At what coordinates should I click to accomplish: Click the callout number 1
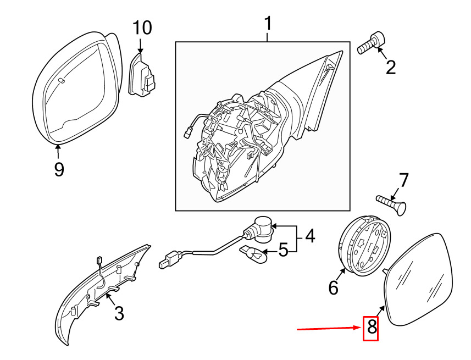pos(268,25)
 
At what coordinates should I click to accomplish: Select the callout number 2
pos(391,67)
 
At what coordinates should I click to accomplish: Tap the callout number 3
pos(119,314)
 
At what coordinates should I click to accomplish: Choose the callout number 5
pos(283,251)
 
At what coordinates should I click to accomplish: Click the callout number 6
pos(334,287)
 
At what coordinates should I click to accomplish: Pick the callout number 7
pos(403,180)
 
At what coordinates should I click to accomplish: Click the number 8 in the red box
pos(372,328)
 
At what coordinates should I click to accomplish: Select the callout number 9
pos(59,169)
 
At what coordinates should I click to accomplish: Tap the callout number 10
pos(141,27)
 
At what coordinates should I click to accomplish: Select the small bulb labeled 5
pos(254,253)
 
